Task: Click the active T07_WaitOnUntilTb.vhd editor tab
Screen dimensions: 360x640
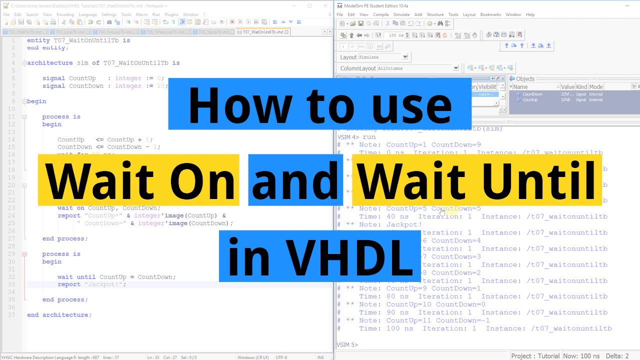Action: (263, 32)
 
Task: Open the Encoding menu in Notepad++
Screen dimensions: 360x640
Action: (65, 14)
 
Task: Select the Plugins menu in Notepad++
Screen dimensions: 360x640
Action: (171, 14)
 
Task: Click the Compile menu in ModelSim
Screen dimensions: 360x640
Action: (380, 14)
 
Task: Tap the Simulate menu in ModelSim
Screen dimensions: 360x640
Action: (401, 14)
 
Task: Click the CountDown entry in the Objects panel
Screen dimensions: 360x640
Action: (532, 94)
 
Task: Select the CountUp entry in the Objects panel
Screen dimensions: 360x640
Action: (530, 100)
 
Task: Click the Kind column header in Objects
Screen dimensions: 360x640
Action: (581, 87)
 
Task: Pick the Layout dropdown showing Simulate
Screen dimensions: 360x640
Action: (383, 57)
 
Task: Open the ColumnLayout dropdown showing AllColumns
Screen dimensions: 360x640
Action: (417, 68)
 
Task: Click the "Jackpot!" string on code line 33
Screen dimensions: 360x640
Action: (105, 284)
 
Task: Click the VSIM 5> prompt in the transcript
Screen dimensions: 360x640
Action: (348, 345)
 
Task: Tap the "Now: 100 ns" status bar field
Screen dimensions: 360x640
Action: (581, 356)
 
